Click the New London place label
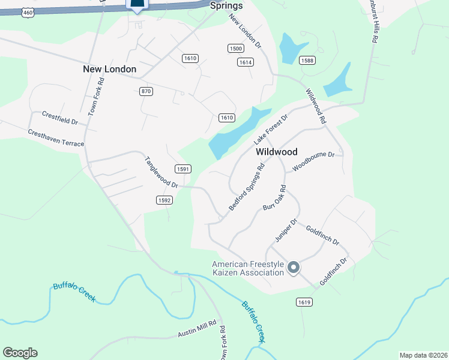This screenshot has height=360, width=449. [109, 69]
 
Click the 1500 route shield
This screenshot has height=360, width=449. [236, 48]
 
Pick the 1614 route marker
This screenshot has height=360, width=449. [246, 62]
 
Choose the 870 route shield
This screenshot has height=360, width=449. [146, 91]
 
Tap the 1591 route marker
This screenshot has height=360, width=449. [183, 169]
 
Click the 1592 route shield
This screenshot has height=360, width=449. [164, 200]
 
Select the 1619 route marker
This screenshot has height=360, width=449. [304, 302]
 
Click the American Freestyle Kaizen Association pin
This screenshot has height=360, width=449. [293, 268]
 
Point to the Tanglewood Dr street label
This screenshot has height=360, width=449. [161, 173]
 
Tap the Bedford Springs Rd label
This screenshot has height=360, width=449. [246, 188]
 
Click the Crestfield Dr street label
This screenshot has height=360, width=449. [60, 117]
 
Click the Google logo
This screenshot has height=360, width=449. [20, 353]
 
